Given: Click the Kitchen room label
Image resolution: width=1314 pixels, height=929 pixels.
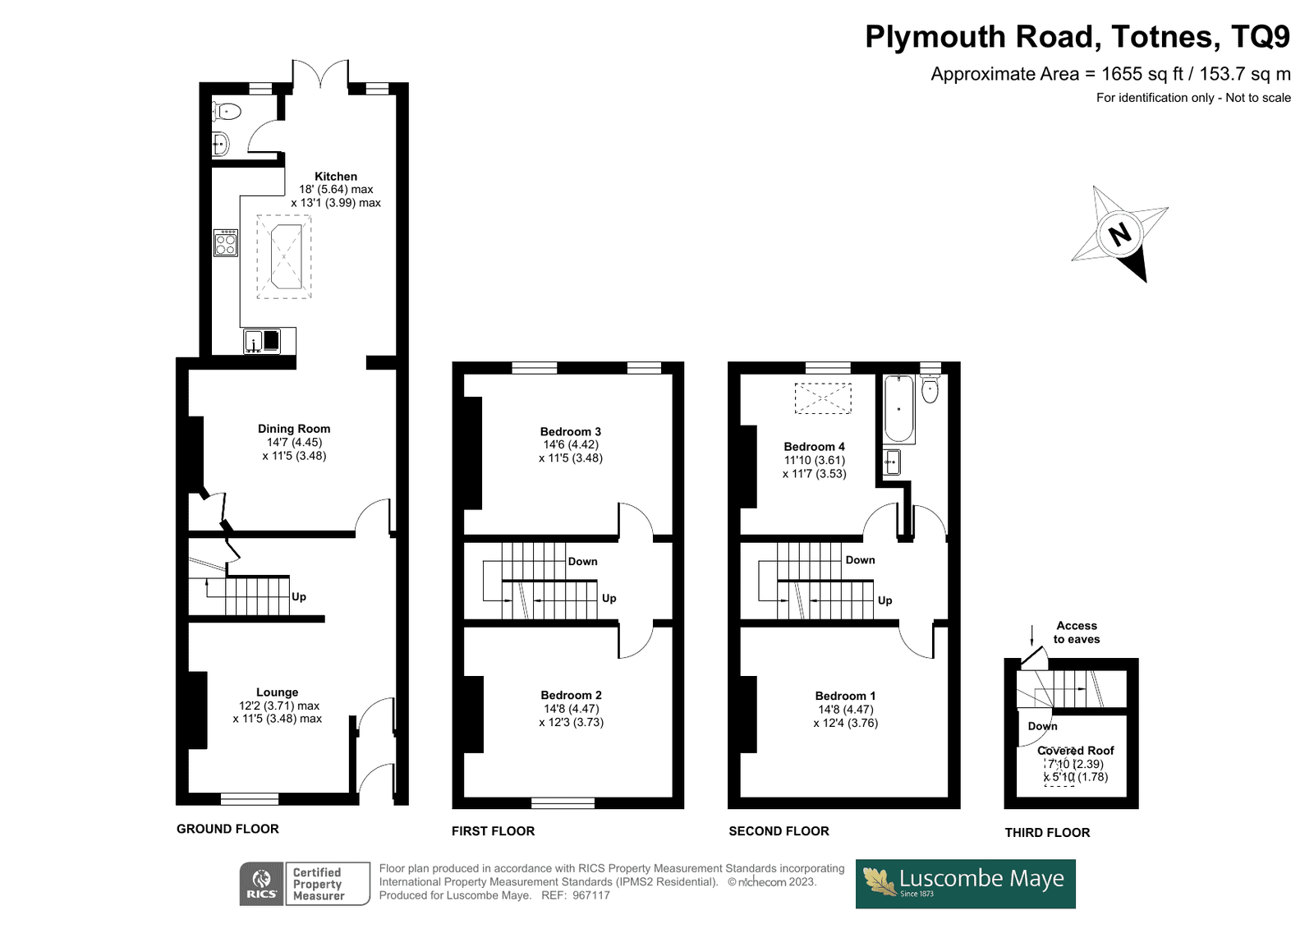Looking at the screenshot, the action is click(336, 176).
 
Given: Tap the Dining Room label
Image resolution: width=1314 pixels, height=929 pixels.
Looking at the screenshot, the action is click(294, 429).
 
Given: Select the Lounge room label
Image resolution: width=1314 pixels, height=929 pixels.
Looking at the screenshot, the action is click(277, 692).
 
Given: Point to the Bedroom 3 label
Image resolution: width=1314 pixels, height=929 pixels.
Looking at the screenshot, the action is click(571, 432).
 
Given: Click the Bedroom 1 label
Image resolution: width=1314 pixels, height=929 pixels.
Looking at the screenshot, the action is click(845, 696).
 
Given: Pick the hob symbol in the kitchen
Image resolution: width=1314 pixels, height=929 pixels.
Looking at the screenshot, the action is click(226, 243).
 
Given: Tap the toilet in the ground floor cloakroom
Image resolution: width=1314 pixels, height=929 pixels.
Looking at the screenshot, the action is click(227, 111).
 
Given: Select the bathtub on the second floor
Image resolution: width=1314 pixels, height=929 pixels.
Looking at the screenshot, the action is click(898, 408).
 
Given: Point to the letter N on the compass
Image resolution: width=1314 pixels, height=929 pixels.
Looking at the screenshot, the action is click(1120, 235).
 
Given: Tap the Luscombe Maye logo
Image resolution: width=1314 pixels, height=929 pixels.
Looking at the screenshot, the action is click(966, 884).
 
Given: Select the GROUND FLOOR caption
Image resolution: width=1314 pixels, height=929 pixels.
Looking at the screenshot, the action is click(227, 829).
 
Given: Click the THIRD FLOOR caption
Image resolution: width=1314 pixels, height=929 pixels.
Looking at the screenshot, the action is click(1047, 832).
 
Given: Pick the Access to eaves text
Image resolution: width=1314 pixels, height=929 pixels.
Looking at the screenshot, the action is click(1077, 632).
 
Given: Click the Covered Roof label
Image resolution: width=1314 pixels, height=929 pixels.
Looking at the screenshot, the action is click(1075, 751).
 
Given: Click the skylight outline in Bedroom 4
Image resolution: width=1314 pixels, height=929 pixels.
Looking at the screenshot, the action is click(823, 398).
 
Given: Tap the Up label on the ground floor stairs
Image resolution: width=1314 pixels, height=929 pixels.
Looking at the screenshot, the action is click(299, 597).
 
